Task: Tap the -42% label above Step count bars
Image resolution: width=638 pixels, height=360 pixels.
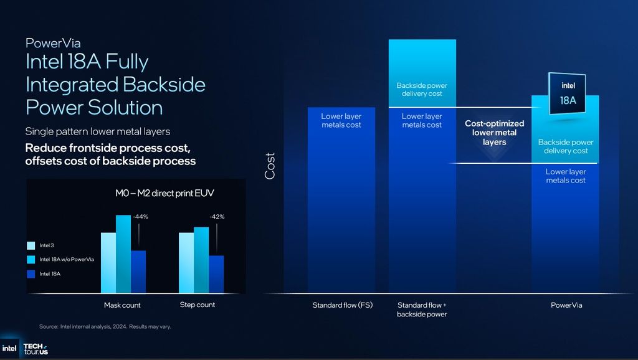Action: [217, 217]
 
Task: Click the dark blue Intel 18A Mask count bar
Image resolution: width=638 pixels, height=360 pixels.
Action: [138, 272]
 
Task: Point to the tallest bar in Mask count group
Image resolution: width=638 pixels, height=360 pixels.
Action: [123, 254]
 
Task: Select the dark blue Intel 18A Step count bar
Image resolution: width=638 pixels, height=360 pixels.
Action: [216, 274]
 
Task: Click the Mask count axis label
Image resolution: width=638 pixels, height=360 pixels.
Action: [122, 305]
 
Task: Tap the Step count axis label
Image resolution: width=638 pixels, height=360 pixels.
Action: [197, 305]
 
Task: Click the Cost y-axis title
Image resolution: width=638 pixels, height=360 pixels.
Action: [270, 166]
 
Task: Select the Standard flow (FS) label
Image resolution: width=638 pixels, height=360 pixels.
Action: [342, 305]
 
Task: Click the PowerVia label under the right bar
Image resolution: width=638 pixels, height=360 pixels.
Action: [566, 305]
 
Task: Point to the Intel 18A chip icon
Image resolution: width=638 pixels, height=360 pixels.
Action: [568, 94]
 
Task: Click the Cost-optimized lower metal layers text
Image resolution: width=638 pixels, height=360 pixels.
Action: [494, 133]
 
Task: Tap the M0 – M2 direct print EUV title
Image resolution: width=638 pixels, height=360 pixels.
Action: [164, 194]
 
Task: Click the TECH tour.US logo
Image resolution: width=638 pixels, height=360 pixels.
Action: [36, 349]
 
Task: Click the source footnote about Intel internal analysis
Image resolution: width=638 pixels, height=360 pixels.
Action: [105, 326]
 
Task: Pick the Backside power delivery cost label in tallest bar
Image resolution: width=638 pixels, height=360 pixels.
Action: [422, 89]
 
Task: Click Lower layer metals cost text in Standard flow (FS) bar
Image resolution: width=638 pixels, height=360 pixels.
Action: [341, 120]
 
